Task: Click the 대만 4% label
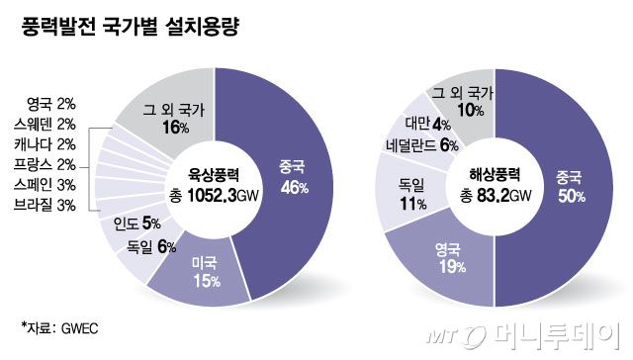pos(427,124)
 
